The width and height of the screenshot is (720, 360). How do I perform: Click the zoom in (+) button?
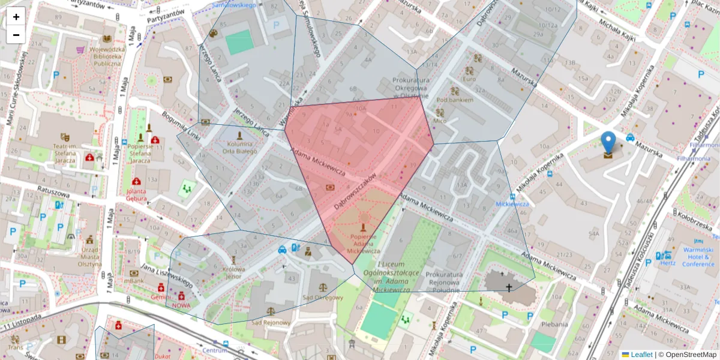[16, 17]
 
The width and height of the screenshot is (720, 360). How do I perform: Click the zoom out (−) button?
[16, 35]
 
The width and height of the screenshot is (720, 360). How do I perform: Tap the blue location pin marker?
[608, 145]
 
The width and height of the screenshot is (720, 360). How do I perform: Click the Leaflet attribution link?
[641, 355]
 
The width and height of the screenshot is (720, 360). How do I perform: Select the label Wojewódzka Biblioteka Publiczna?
[107, 56]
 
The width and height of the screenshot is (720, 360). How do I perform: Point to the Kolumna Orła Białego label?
[239, 148]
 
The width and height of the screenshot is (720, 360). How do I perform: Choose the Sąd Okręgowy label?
[322, 297]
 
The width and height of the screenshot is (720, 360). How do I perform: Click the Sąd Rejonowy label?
[271, 322]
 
